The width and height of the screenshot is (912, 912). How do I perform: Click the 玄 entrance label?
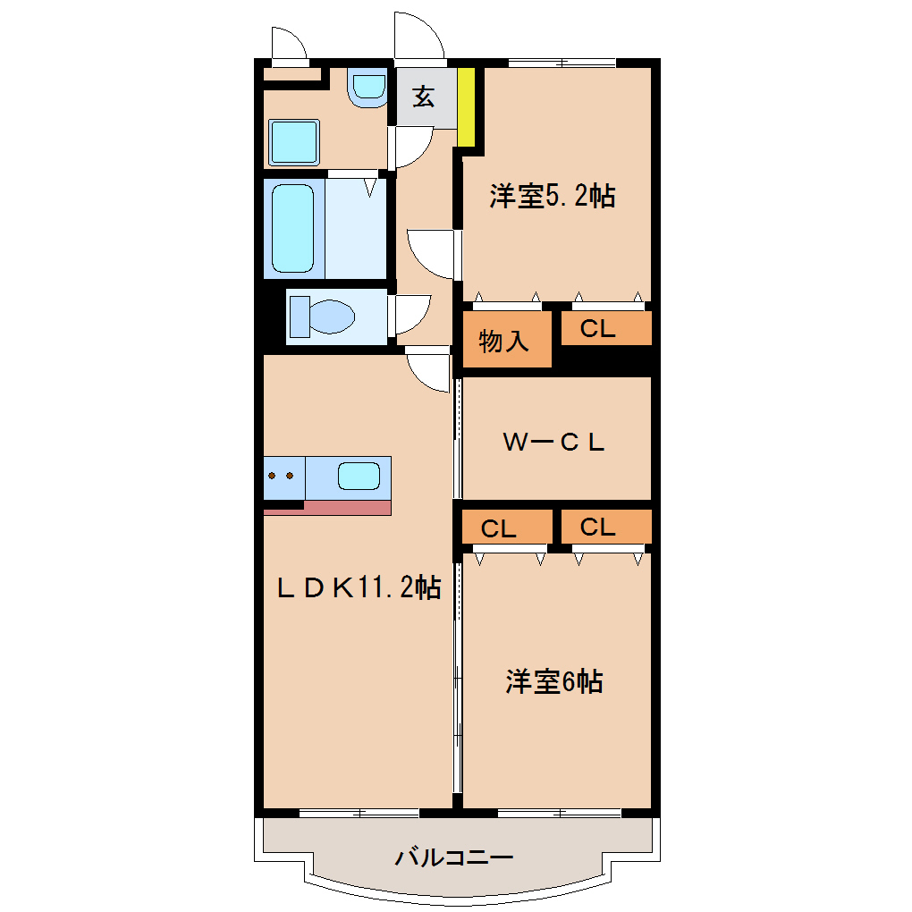[x=423, y=97]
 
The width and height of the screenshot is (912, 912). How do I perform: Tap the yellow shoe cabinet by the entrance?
[x=465, y=106]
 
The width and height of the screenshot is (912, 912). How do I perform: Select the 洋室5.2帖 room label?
[x=552, y=196]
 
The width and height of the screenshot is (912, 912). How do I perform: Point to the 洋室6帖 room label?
[x=553, y=682]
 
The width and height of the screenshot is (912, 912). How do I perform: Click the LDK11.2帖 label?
[x=357, y=587]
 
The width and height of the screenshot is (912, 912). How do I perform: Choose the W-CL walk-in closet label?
[x=553, y=441]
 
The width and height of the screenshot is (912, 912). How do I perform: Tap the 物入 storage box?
[x=505, y=340]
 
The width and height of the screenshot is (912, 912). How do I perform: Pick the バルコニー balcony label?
[x=454, y=858]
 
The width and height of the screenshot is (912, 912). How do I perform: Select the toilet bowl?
[x=322, y=316]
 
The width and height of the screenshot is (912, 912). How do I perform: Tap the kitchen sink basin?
[x=359, y=476]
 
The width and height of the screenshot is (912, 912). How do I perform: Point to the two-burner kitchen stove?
[x=283, y=476]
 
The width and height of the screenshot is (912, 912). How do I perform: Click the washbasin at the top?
[x=367, y=88]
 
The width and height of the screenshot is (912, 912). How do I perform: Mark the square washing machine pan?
[x=293, y=141]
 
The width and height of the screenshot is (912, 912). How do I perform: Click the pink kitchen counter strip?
[x=347, y=508]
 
